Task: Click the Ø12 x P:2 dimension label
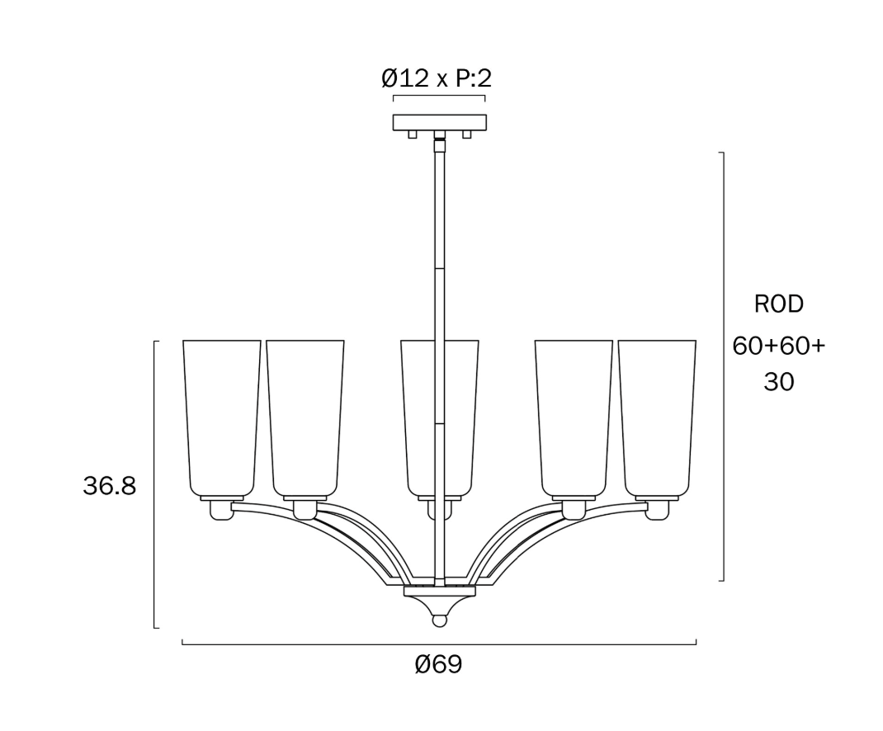tap(437, 78)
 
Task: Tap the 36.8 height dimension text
tap(109, 485)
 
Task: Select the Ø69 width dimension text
tap(439, 664)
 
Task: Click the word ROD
tap(779, 304)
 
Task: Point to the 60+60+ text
tap(779, 346)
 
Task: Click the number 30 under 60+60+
tap(779, 382)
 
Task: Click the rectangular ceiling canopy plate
tap(439, 122)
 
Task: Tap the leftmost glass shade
tap(222, 418)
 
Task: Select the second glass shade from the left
tap(305, 418)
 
